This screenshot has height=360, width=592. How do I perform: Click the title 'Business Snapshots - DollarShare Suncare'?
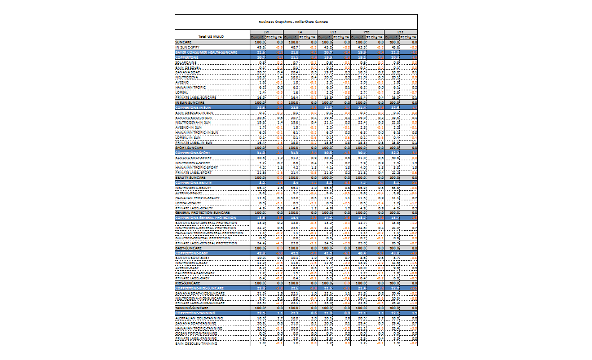(296, 21)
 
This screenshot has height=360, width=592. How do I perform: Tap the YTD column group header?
(366, 32)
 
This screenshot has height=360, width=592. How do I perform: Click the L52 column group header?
(400, 32)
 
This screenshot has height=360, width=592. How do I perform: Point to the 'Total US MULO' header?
(211, 37)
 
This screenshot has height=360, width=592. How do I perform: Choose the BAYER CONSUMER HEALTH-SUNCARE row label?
(211, 52)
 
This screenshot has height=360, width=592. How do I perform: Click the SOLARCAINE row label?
(186, 62)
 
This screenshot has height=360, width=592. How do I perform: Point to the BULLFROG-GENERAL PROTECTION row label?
(205, 238)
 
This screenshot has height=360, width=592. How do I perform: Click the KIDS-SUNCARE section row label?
(188, 283)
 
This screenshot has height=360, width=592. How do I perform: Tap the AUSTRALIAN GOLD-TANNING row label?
(198, 318)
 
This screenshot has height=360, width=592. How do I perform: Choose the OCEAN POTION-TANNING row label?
(196, 333)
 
